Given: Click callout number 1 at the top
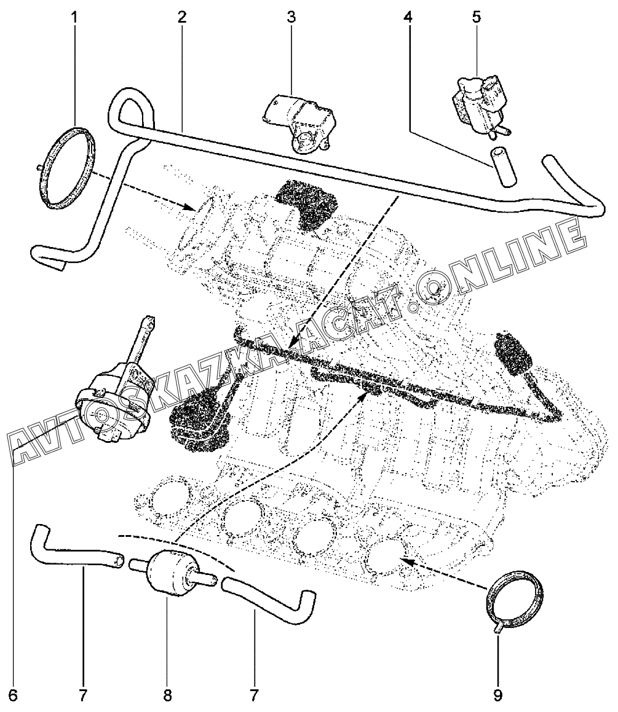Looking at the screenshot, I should tap(75, 17).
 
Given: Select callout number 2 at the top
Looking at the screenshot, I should tap(182, 17).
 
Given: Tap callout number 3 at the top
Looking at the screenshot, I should tap(291, 17).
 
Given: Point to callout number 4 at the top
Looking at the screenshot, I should tap(408, 17).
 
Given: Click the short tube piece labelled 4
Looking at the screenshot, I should tap(502, 165).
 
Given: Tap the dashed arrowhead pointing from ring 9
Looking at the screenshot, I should tap(403, 560).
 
